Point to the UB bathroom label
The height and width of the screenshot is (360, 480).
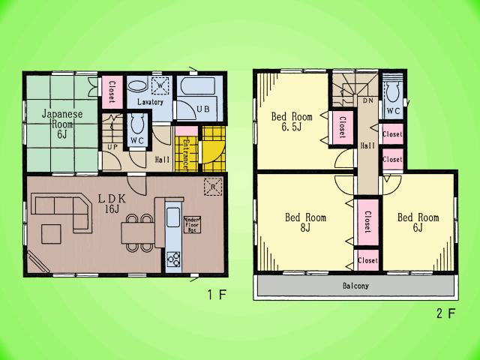[202, 109]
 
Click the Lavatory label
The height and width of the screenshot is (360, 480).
[149, 101]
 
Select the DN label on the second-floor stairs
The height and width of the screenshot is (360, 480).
[368, 100]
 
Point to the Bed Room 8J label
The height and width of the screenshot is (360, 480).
[305, 223]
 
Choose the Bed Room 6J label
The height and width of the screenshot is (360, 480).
[417, 223]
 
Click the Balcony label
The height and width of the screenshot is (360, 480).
[355, 286]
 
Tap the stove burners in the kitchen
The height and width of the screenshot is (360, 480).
[174, 260]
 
